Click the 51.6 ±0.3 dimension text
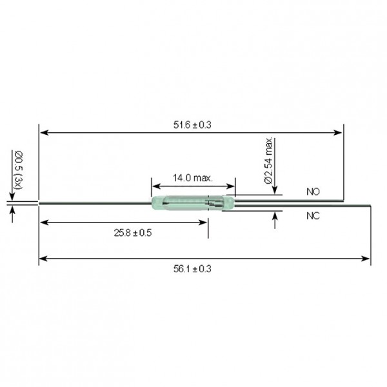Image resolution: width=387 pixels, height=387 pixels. click(x=192, y=124)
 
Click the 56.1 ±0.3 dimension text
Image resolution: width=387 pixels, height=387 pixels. click(x=192, y=268)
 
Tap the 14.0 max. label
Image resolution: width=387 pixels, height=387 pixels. click(x=193, y=177)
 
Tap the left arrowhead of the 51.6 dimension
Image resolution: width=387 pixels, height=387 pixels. click(x=43, y=133)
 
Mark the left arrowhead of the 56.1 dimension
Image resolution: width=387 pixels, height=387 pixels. click(x=43, y=259)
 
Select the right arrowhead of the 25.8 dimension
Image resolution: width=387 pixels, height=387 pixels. click(x=204, y=223)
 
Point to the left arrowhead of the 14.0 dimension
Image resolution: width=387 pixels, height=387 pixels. click(x=155, y=184)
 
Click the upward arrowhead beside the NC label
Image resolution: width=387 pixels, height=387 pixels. click(x=275, y=217)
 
